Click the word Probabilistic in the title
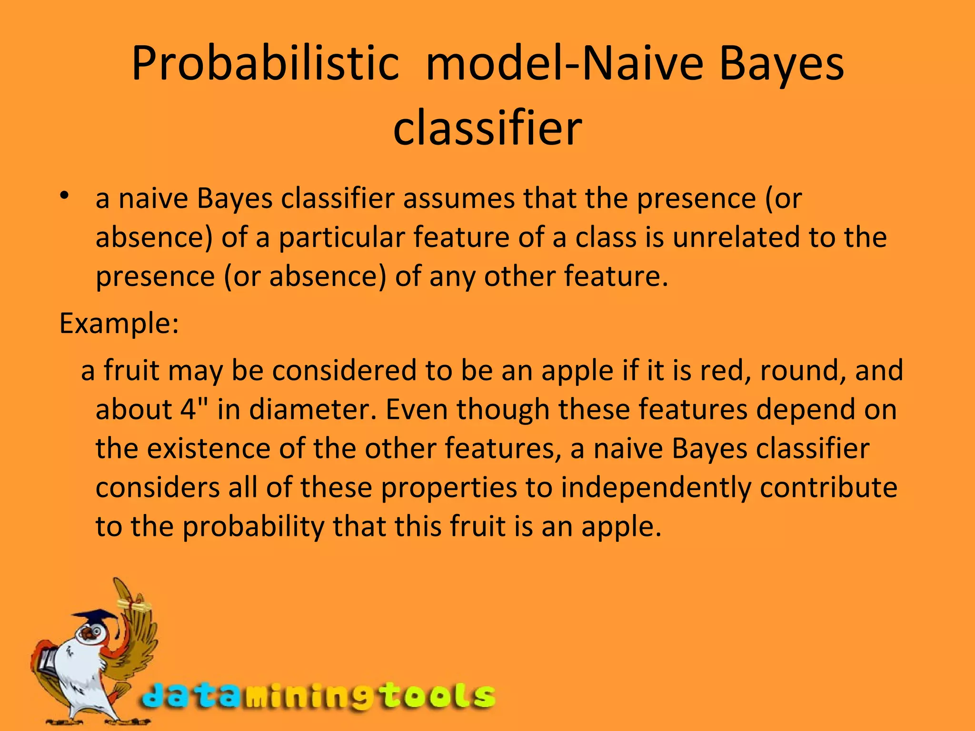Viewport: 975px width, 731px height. (265, 64)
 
